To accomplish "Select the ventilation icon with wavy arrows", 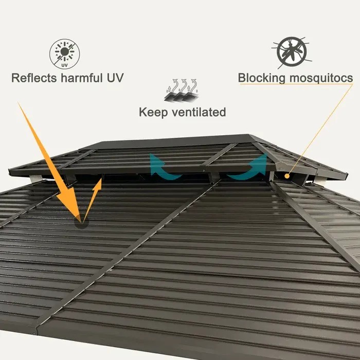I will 182,89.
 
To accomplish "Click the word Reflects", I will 33,79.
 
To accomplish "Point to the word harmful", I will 81,79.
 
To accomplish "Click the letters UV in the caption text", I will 115,79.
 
